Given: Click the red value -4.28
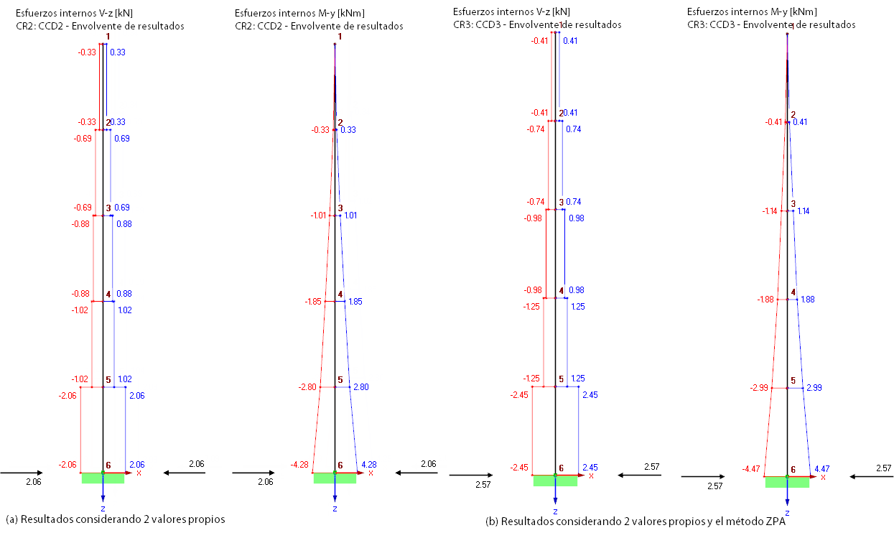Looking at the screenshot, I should point(299,465).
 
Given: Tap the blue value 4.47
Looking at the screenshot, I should point(822,469).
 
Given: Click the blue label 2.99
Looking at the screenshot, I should point(814,388).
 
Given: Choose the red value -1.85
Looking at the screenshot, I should point(313,302).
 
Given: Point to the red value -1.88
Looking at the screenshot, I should point(765,300).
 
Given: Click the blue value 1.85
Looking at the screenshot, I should point(355,302).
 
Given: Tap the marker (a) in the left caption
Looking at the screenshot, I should point(11,519).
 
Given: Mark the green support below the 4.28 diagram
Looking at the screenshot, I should point(335,478).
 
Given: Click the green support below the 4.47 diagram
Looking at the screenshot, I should point(787,482).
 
